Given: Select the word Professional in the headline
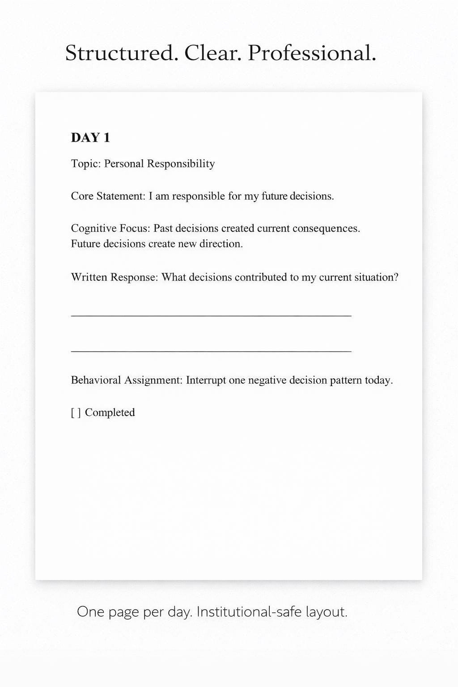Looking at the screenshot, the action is pos(311,54).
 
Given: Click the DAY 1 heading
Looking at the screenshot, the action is pos(90,138).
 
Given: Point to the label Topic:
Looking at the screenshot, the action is pos(85,164).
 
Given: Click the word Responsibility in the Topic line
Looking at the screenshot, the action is pos(181,164).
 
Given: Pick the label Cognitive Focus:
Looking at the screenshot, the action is pos(110,229).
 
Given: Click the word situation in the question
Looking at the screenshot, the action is pos(376,277).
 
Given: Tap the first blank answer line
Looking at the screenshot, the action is pos(211,316).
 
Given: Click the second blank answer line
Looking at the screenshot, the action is pos(211,351).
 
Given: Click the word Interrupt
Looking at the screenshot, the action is pos(206,380).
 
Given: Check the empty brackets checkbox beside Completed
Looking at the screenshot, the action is pos(76,412).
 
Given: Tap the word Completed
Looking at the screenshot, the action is pos(110,412).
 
